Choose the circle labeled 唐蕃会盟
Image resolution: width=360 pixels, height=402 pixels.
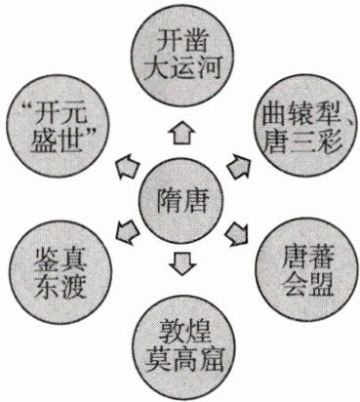[x=307, y=270]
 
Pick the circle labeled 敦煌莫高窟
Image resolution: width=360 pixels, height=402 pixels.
[x=183, y=347]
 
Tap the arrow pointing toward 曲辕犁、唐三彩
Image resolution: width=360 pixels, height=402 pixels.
[x=239, y=164]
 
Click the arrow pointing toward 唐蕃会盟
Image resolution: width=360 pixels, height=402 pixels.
[x=237, y=233]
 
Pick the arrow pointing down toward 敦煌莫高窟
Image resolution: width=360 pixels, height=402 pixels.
[x=182, y=263]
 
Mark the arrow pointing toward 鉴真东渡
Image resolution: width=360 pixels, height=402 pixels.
[x=127, y=232]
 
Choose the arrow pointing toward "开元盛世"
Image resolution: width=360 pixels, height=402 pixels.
[x=128, y=165]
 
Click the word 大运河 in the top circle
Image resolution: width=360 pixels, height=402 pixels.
[x=182, y=68]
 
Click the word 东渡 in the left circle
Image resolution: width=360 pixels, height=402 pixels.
[x=60, y=287]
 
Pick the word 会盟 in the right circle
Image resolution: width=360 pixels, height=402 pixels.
[x=307, y=284]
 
